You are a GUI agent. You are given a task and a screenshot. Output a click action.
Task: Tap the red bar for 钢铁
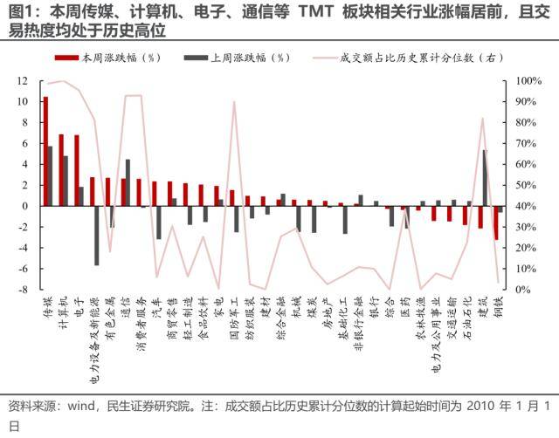click(x=496, y=222)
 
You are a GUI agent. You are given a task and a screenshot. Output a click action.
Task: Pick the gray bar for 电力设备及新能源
click(x=96, y=236)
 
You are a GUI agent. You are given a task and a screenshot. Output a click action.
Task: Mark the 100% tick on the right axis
click(x=528, y=80)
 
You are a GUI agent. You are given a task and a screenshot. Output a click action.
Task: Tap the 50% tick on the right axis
click(x=526, y=185)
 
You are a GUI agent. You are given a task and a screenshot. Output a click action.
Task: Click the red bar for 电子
click(x=77, y=170)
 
